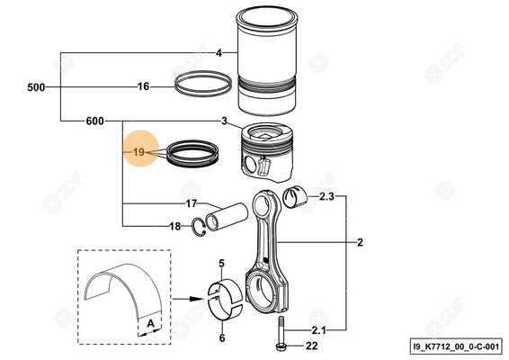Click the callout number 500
37,87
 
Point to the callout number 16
142,87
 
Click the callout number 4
219,53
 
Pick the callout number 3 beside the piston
223,121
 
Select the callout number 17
192,203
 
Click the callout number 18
175,226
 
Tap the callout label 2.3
326,196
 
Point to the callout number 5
221,263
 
